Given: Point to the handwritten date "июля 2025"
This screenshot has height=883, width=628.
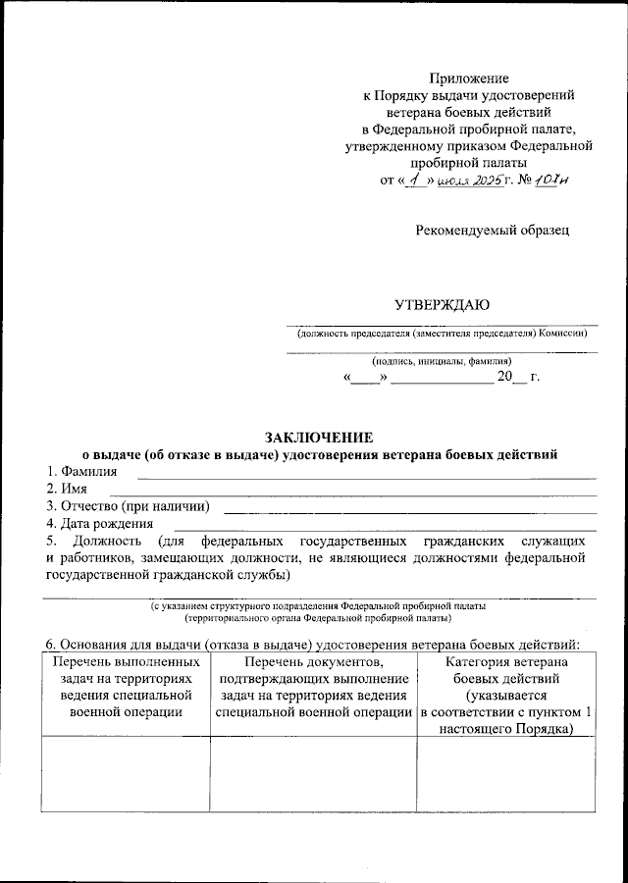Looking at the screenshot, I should point(472,182).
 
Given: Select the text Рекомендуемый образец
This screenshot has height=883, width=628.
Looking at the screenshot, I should point(492,230).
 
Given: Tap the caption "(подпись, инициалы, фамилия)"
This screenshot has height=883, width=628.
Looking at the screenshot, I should point(442,360).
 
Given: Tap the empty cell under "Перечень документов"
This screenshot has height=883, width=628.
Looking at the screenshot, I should point(313,775).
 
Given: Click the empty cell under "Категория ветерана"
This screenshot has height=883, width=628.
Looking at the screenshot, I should point(506,775).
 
